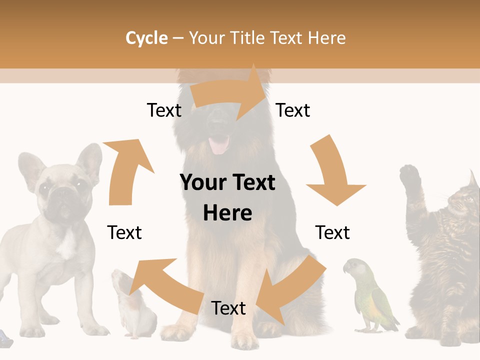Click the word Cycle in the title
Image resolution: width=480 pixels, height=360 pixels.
click(146, 38)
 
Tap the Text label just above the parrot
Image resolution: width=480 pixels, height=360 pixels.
click(332, 232)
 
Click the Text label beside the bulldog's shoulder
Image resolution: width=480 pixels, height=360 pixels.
click(124, 232)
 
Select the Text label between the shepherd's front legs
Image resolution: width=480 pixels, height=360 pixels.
click(228, 308)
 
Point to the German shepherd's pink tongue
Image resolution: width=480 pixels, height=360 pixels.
click(218, 145)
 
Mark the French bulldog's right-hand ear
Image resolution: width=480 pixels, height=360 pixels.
click(89, 160)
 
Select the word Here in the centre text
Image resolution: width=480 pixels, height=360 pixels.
click(227, 213)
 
